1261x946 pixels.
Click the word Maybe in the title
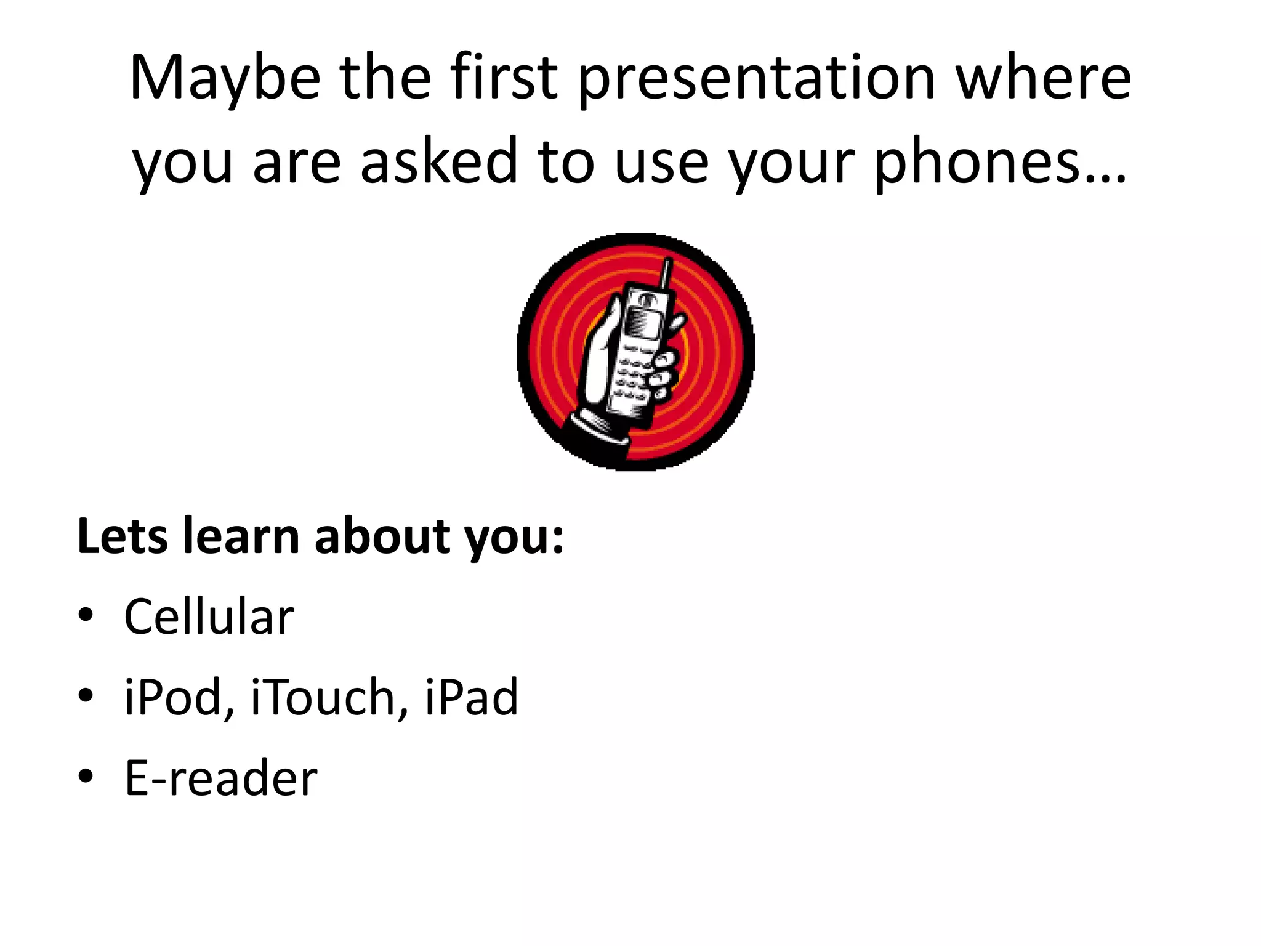click(x=225, y=79)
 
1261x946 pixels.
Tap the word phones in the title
click(x=976, y=163)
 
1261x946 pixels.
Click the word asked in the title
click(x=438, y=163)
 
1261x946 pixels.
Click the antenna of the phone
click(x=666, y=274)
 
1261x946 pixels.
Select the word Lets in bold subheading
click(x=122, y=536)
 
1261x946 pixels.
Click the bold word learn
click(x=241, y=536)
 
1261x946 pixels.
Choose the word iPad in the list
click(x=471, y=697)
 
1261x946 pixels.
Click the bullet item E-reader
click(x=220, y=778)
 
